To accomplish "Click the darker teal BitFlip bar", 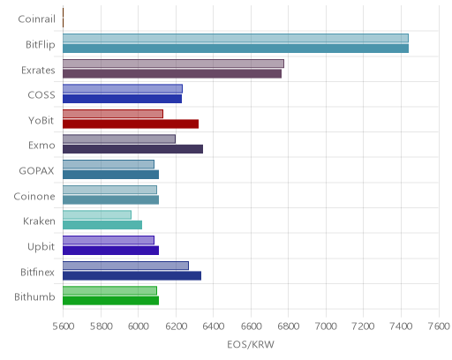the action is point(236,49).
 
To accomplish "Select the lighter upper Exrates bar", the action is point(173,64).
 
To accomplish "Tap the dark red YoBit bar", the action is point(131,124).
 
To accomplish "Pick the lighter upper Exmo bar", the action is point(119,139).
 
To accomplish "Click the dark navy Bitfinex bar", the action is point(132,276).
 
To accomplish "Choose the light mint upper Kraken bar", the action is point(97,215).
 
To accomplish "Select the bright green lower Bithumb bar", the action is point(110,301).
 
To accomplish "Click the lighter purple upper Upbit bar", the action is point(109,240).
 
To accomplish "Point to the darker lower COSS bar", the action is point(122,99).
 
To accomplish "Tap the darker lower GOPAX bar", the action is point(110,175).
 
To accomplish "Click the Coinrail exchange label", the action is point(37,19).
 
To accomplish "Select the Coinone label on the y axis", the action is point(34,196).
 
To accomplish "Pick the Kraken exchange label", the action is point(39,221).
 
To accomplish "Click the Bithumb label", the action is point(34,297).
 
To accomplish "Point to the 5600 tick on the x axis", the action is point(64,326).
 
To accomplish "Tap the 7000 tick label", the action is point(326,326).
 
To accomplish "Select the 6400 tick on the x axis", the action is point(214,326).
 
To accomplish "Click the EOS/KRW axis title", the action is point(251,344).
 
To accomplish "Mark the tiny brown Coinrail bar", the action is point(63,18).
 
